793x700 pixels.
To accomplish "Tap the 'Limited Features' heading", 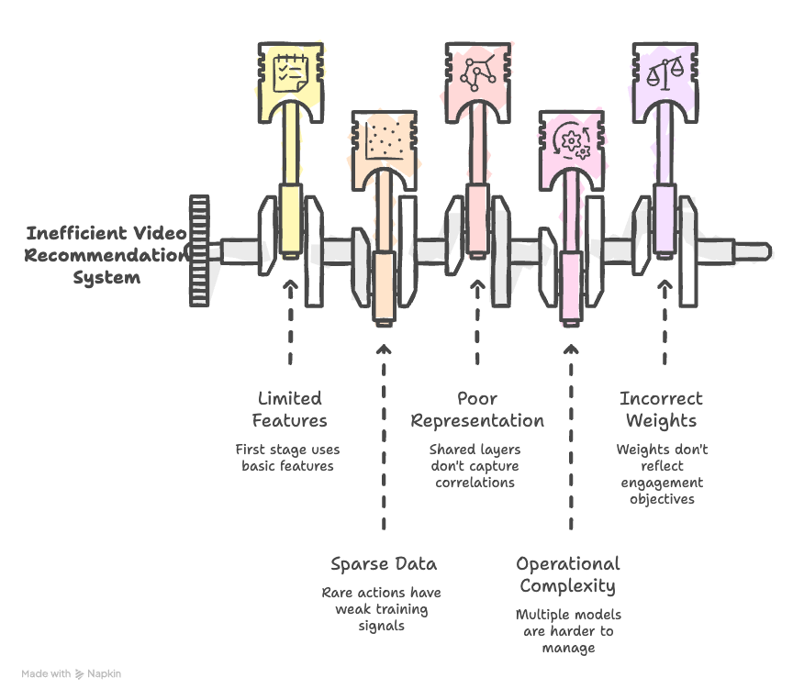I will tap(290, 410).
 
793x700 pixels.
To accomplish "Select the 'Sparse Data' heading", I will tap(384, 563).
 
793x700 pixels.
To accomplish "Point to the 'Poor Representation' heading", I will tap(477, 410).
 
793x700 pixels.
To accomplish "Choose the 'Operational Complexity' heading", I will tap(568, 574).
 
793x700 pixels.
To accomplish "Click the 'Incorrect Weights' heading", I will tap(662, 410).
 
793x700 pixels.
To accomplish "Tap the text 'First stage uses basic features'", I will tap(288, 458).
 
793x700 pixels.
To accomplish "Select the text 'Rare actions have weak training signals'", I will tap(382, 609).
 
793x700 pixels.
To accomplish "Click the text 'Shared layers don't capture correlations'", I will tap(475, 466).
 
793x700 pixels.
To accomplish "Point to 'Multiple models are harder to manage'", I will tap(568, 631).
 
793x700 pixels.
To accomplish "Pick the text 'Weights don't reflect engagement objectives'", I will tap(663, 474).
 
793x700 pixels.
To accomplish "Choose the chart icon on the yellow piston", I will tap(290, 72).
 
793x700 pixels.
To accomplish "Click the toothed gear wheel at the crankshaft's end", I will tap(199, 250).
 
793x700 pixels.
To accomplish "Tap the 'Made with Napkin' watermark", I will tap(72, 673).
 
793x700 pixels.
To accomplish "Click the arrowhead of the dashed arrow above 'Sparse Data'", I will tap(384, 349).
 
